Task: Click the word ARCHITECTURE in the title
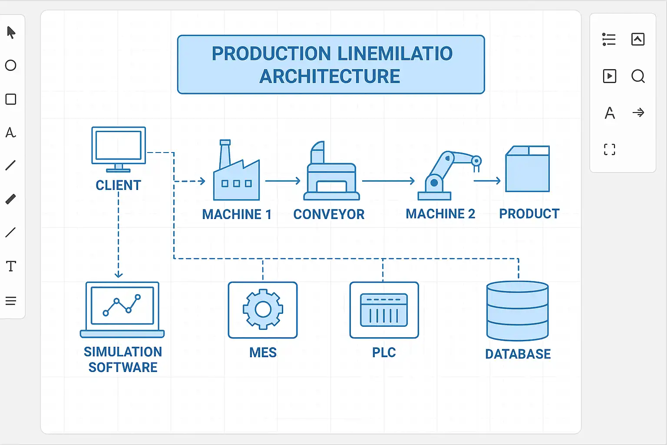click(330, 76)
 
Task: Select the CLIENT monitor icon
click(119, 147)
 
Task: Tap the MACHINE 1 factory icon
click(236, 174)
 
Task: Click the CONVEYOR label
click(329, 214)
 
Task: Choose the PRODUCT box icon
click(528, 169)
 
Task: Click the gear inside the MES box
click(263, 309)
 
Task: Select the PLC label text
click(384, 352)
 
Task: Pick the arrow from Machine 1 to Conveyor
click(283, 181)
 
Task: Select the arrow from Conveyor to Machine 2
click(388, 181)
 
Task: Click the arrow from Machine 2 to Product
click(487, 181)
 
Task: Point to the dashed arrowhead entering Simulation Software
click(119, 274)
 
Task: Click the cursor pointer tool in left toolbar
click(11, 33)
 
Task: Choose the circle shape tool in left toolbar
click(11, 66)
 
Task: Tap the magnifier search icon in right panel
click(638, 76)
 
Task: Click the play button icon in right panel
click(610, 76)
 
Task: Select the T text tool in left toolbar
click(11, 266)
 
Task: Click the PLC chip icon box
click(384, 310)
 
